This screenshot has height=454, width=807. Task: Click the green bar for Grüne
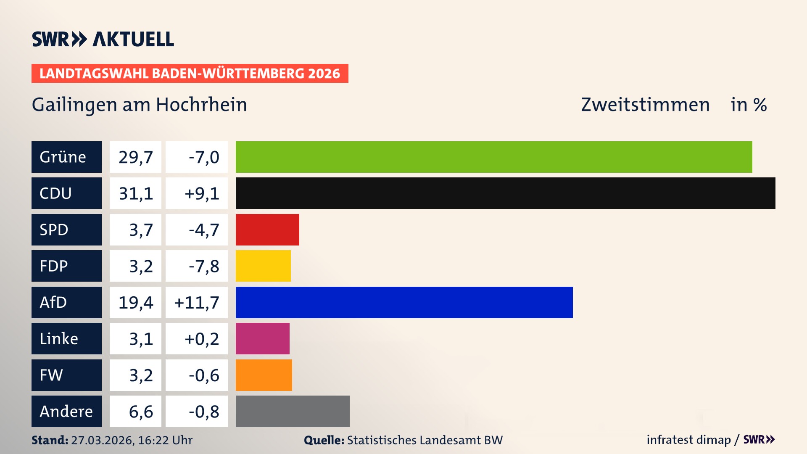494,157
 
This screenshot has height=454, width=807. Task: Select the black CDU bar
505,193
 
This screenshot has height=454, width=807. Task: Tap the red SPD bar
267,230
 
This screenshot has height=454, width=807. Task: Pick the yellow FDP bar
263,266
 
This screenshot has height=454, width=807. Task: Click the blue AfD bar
404,302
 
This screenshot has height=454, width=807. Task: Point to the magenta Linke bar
262,338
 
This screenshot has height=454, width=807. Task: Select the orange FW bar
264,375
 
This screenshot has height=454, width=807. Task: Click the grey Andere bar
293,411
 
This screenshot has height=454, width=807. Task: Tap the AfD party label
66,302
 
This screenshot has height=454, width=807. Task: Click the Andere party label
66,411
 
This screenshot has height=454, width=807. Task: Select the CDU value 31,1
135,193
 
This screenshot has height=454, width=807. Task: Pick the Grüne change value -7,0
197,157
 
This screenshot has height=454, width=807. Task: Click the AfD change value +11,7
197,302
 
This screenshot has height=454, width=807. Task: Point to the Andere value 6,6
135,411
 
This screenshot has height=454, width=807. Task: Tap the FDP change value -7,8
197,266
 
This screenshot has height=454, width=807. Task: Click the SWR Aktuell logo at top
103,39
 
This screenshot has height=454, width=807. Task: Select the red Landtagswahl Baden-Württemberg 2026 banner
190,73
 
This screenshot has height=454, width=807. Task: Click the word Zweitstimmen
645,105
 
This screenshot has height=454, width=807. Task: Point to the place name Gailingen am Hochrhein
139,105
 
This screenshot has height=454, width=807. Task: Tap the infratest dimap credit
688,440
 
